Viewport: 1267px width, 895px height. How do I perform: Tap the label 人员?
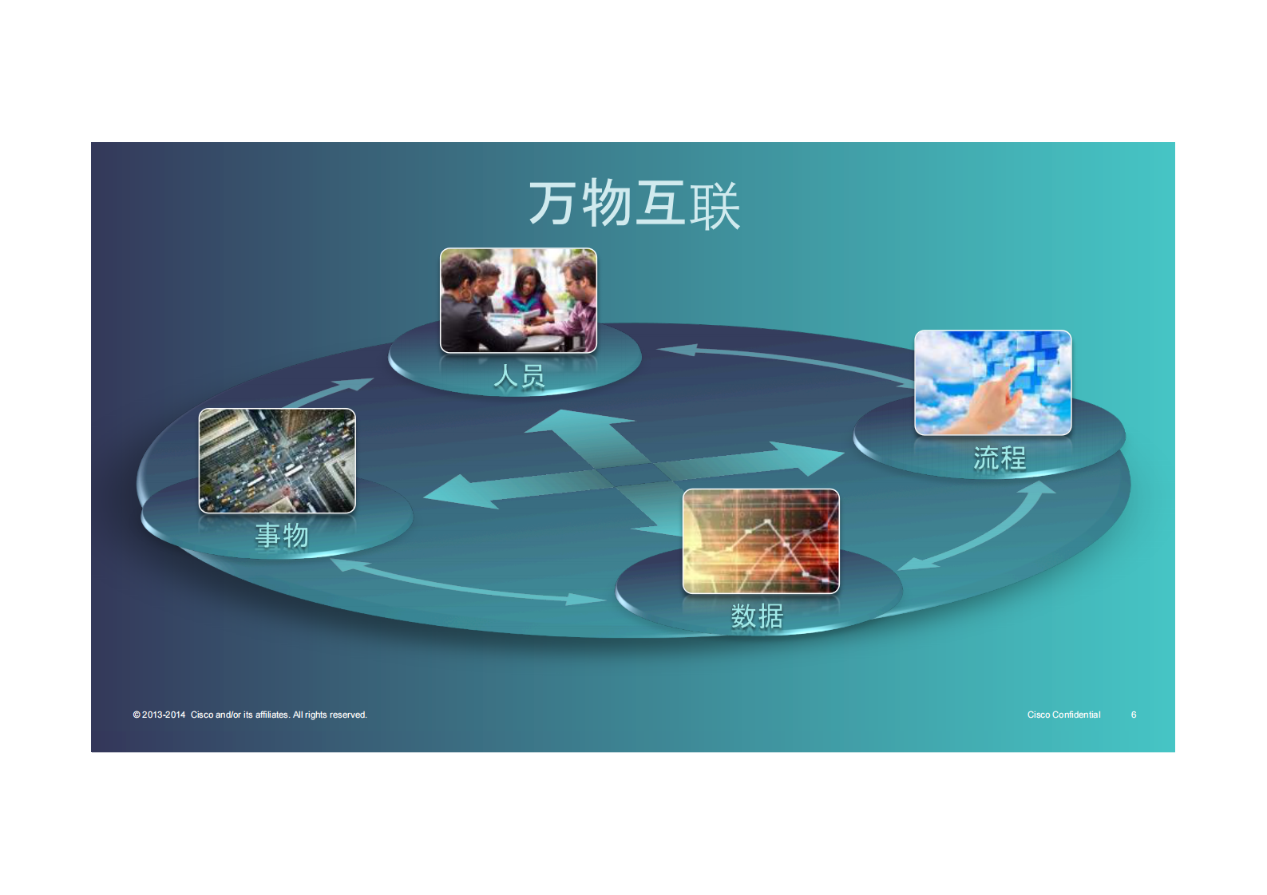pos(519,376)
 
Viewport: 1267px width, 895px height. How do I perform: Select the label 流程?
pos(1000,457)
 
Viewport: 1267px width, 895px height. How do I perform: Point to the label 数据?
pos(758,616)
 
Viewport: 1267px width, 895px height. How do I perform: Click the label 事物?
pos(282,535)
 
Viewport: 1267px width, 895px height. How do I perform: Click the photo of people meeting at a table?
pos(518,300)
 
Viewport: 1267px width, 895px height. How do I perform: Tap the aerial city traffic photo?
pos(277,461)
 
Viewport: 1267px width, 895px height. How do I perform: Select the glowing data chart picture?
pos(761,541)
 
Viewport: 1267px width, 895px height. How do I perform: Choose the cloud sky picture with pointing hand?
pos(992,383)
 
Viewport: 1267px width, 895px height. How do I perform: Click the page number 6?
pos(1134,715)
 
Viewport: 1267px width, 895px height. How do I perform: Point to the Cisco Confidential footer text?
pos(1064,715)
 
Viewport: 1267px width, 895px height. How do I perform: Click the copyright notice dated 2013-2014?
pos(250,715)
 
